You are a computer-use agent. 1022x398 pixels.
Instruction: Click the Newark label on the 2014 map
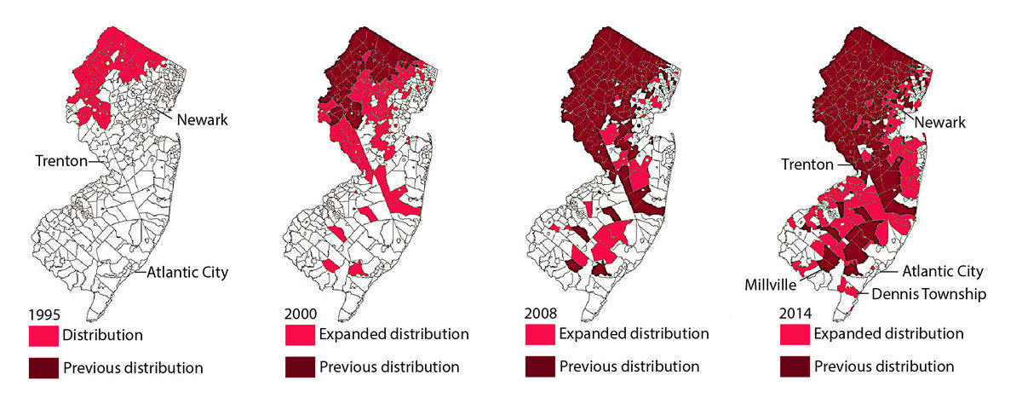click(x=940, y=123)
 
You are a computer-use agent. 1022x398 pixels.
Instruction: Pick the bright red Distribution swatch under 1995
click(x=43, y=336)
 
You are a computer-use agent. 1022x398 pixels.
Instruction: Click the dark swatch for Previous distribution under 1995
click(x=43, y=368)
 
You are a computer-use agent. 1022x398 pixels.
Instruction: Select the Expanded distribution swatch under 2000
click(x=301, y=334)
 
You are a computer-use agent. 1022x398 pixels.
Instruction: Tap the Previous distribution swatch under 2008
click(x=542, y=366)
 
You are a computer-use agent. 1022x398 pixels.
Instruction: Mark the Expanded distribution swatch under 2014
click(x=795, y=334)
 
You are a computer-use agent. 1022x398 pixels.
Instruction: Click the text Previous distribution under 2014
click(x=884, y=366)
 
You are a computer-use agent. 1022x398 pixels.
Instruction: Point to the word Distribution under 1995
click(x=102, y=336)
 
